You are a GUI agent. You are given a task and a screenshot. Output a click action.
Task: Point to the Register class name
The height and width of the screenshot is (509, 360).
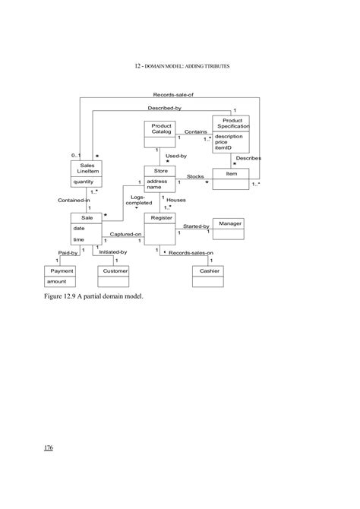(x=161, y=218)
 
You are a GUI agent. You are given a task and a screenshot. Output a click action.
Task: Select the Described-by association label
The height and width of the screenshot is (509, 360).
(x=164, y=109)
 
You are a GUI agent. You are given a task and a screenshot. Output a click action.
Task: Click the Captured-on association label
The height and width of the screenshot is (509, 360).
(x=126, y=234)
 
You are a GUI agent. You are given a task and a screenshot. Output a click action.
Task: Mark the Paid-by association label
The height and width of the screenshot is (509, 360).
(x=68, y=251)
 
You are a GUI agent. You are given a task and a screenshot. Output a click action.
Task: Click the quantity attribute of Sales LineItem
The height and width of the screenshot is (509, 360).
(x=83, y=182)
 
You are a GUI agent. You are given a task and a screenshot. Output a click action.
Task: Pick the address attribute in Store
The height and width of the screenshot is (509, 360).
(x=157, y=182)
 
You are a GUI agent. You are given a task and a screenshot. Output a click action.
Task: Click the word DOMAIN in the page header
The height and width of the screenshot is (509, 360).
(x=155, y=66)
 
